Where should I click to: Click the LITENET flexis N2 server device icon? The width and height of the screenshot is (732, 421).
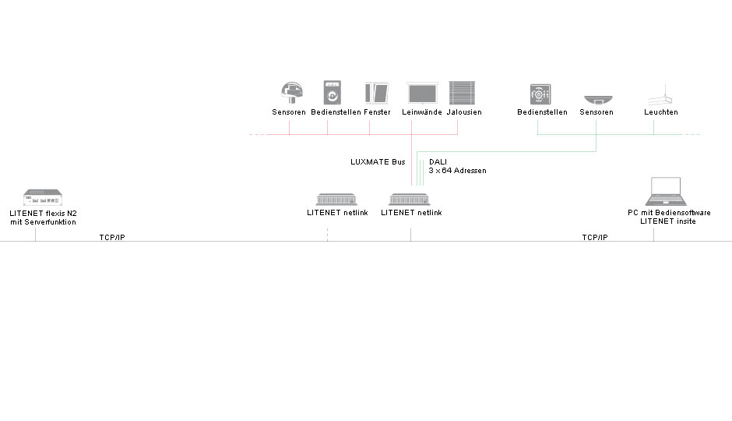(43, 197)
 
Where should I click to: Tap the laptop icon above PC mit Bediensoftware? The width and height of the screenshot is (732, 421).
(666, 192)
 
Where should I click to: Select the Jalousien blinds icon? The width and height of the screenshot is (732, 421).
(462, 93)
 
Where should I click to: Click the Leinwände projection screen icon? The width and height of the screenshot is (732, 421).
(422, 94)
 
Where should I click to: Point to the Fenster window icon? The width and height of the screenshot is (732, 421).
(377, 94)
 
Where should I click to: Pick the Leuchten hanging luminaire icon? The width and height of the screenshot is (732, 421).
(660, 95)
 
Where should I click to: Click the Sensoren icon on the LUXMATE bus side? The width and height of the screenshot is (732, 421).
(292, 93)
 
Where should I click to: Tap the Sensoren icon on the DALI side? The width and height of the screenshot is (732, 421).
(598, 100)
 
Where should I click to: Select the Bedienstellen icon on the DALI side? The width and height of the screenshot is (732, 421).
(540, 94)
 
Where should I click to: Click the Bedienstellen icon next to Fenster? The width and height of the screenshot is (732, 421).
(333, 93)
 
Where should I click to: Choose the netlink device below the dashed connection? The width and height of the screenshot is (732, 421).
(336, 200)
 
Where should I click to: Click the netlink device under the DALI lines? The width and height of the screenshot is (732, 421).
(410, 200)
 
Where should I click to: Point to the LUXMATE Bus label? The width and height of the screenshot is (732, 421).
(378, 162)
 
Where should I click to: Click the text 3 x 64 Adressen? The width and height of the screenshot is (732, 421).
(458, 171)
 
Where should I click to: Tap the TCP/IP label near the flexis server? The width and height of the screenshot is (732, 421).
(112, 237)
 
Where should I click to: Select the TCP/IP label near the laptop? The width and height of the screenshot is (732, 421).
(595, 237)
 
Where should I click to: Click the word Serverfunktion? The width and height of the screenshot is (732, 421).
(50, 222)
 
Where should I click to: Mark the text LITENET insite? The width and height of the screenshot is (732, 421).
(668, 221)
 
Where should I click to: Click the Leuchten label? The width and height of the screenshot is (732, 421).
(661, 112)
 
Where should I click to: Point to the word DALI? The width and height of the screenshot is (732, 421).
(438, 162)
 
